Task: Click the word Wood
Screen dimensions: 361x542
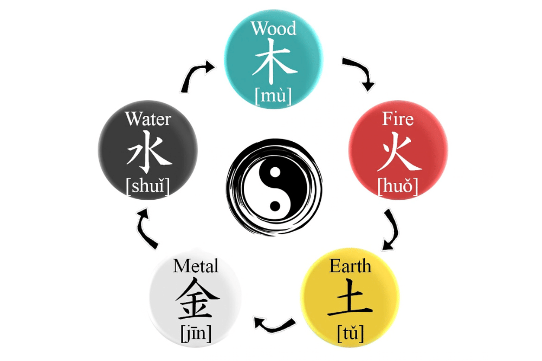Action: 274,28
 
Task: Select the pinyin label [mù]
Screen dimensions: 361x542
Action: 274,96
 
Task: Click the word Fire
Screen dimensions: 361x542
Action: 398,119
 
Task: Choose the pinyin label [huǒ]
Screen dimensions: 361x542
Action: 398,186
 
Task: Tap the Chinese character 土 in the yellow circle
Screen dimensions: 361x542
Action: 350,298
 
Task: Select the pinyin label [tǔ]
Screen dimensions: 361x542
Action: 350,332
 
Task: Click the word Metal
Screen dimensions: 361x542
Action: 196,266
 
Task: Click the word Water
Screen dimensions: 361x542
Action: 148,119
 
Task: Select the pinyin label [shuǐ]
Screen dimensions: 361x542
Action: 148,186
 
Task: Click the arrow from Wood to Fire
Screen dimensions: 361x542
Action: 359,73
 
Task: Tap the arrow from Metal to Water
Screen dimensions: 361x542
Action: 147,228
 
